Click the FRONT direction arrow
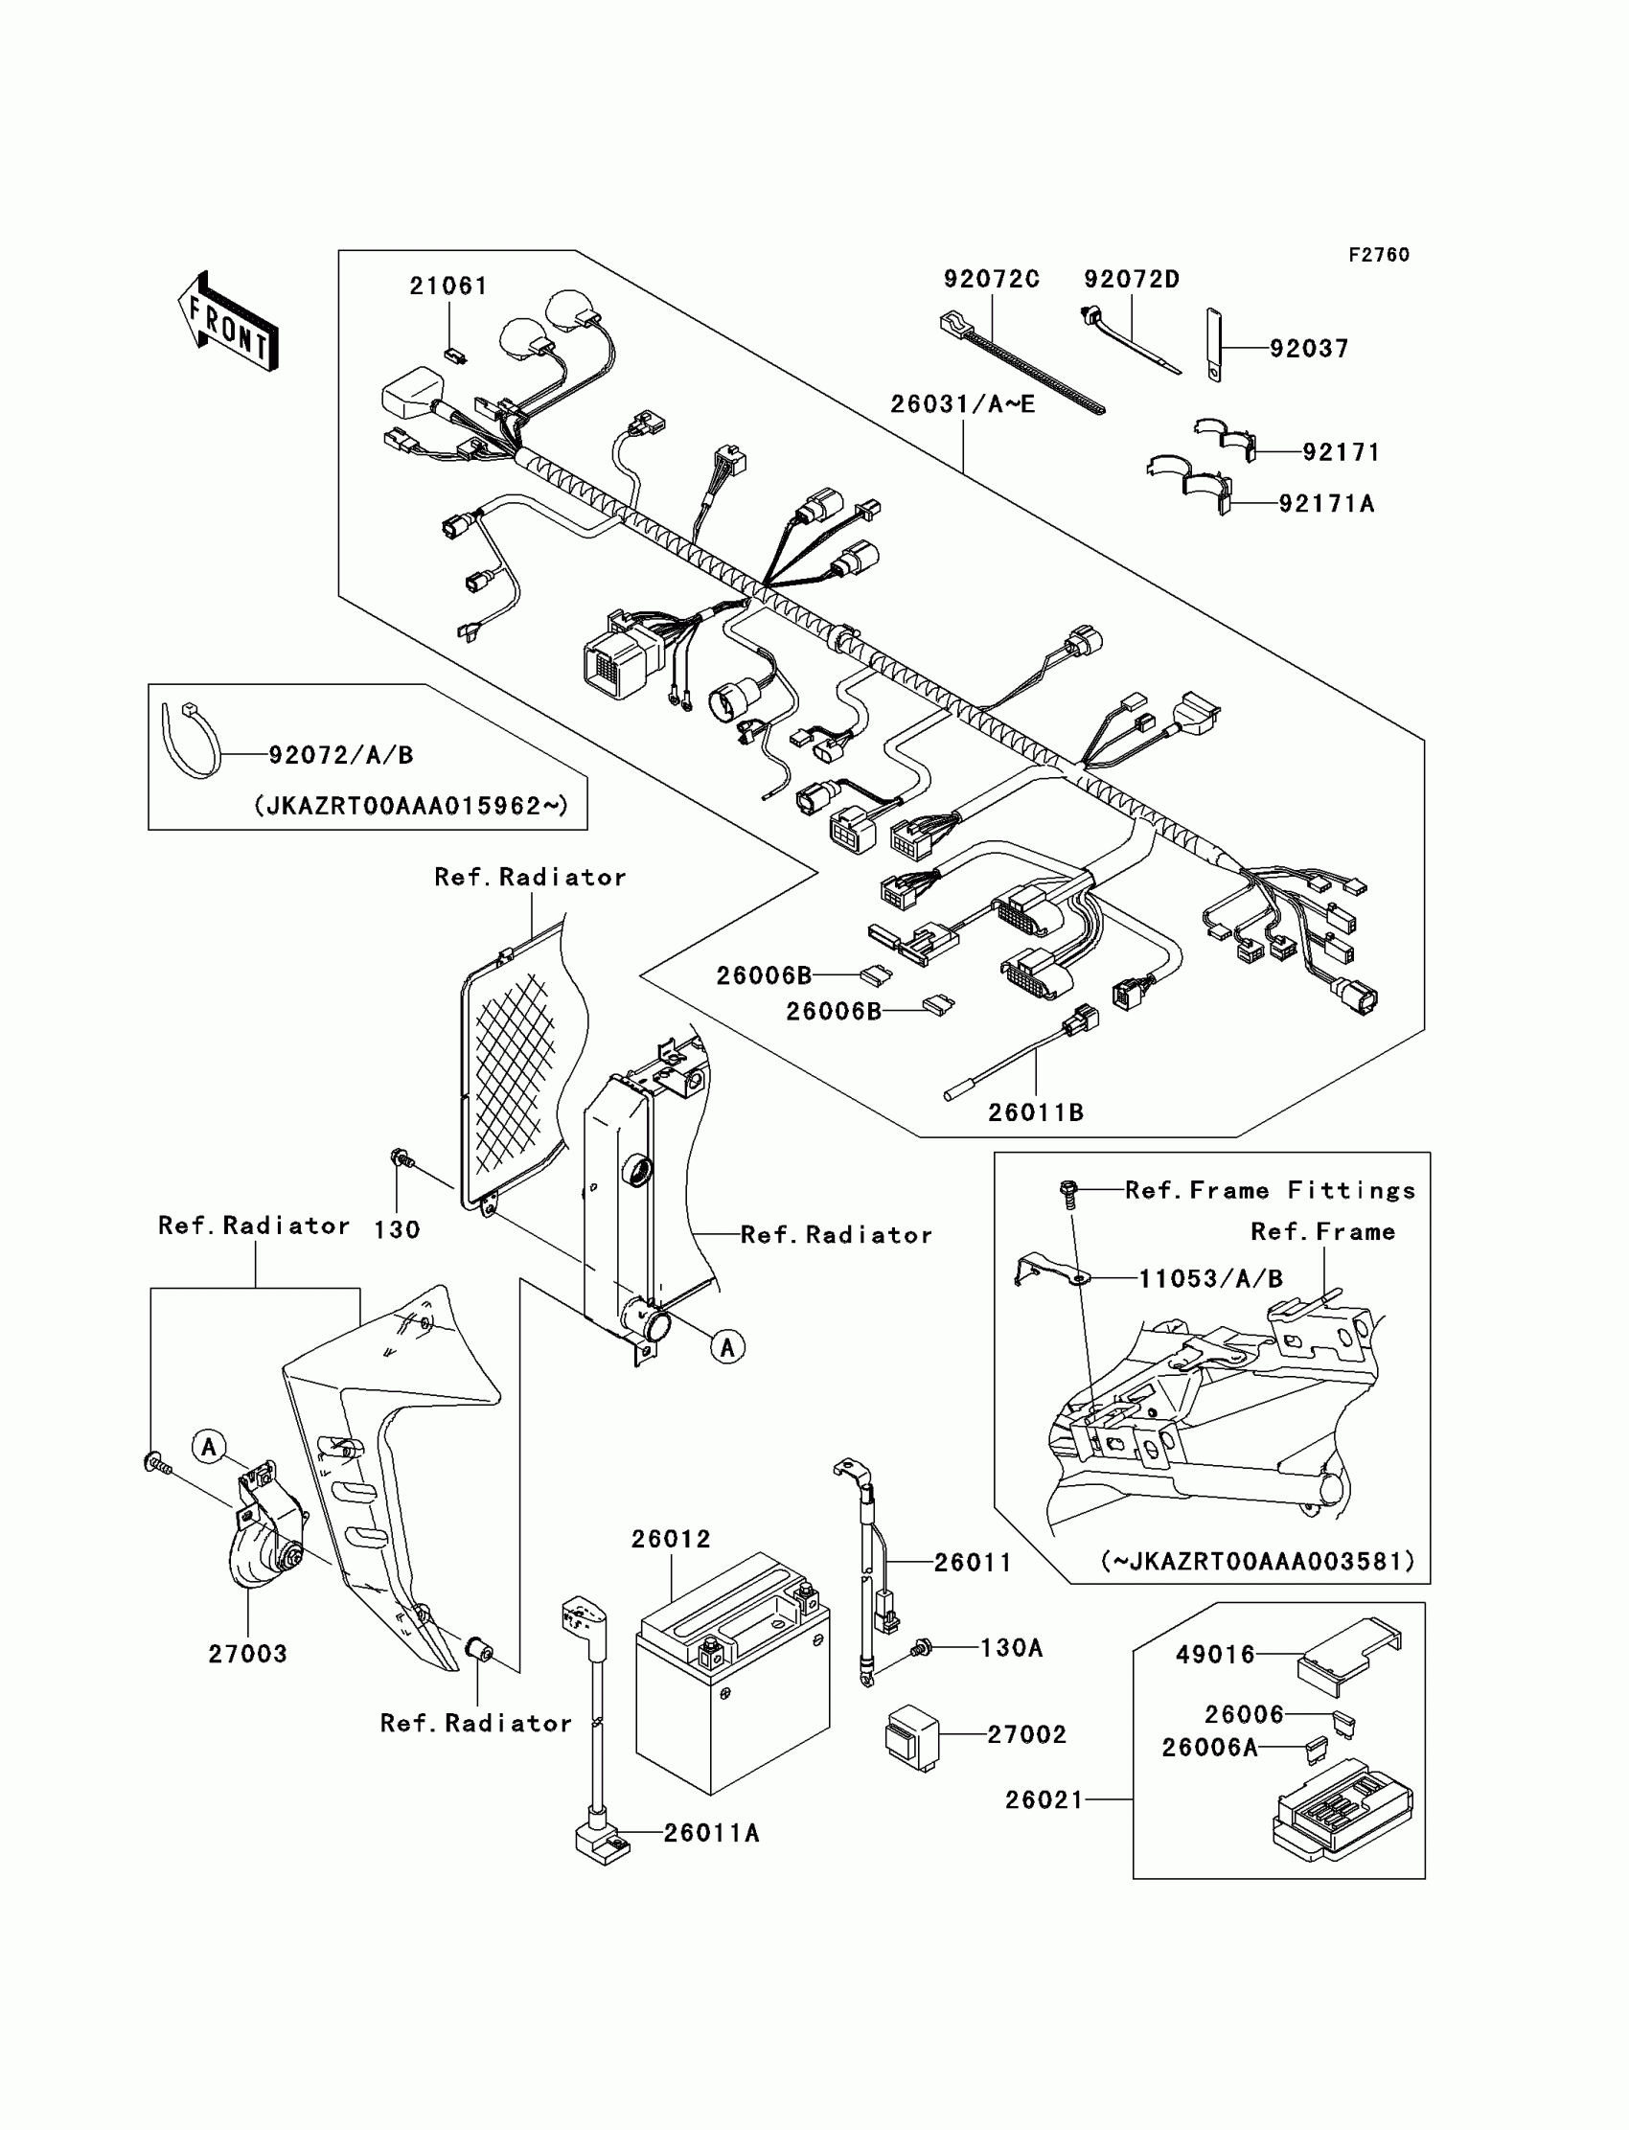click(229, 322)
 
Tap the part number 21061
click(448, 286)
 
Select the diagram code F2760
click(1379, 255)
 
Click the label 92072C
click(991, 279)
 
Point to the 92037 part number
click(1309, 349)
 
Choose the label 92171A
click(1326, 504)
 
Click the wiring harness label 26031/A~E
click(963, 404)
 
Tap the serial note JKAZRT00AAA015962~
click(411, 806)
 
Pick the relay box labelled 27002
click(912, 1736)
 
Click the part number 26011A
click(712, 1833)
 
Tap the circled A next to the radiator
click(727, 1346)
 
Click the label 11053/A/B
click(1210, 1279)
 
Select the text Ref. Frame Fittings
click(1271, 1191)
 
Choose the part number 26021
click(1044, 1800)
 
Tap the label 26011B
click(1036, 1113)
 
